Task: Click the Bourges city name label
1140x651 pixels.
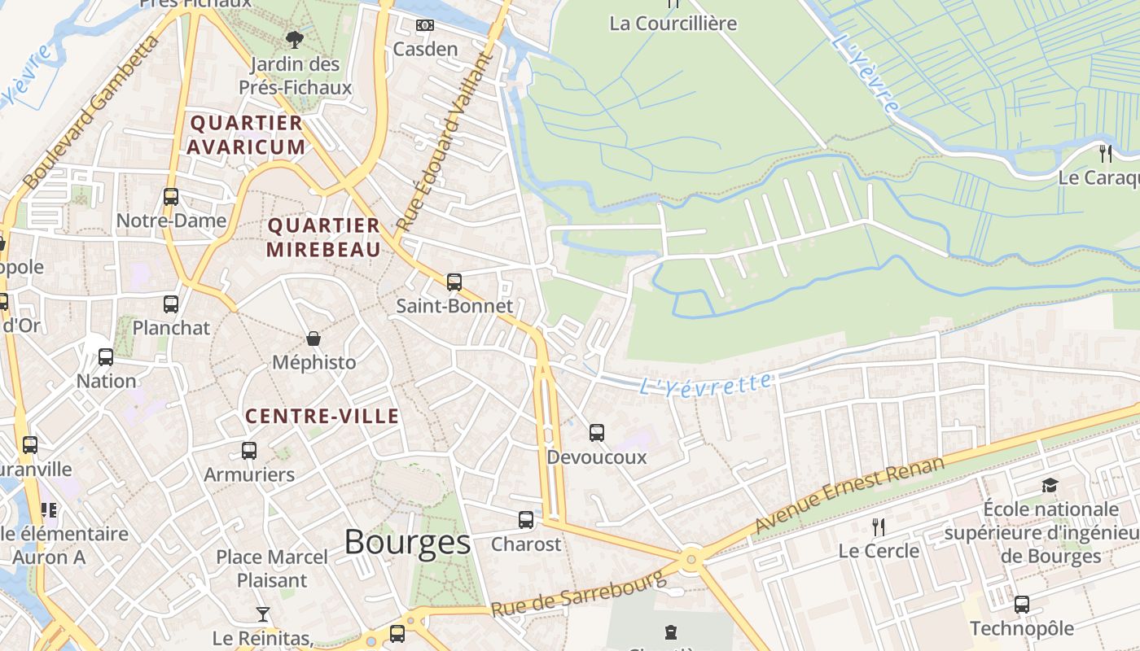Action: point(407,542)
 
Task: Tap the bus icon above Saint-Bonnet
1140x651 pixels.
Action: point(454,282)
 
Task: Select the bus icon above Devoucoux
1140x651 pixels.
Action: point(597,433)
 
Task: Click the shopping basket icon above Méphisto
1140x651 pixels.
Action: point(313,339)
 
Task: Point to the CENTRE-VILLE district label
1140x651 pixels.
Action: point(322,417)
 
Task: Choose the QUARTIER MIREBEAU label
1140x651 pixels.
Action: point(323,238)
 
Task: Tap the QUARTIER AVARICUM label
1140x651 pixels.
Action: point(246,135)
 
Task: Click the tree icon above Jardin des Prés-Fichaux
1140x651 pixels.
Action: point(294,38)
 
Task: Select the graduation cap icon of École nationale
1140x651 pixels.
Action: point(1050,486)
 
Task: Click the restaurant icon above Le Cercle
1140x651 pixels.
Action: point(878,527)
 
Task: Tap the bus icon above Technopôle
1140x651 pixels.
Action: point(1022,605)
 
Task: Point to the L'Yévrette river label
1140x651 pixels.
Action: point(705,384)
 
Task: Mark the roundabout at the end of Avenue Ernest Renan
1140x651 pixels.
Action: point(691,559)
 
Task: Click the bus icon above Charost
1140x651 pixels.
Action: point(526,519)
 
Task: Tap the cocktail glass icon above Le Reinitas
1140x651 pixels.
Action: point(263,614)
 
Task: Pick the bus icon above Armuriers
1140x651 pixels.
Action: point(249,451)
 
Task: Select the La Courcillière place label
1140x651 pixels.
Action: point(673,24)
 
